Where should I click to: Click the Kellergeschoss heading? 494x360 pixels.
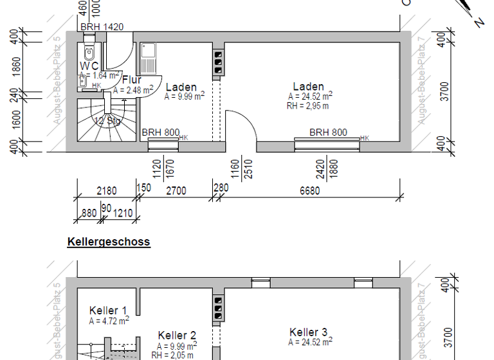tap(108, 242)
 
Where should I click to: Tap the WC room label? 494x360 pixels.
tap(89, 66)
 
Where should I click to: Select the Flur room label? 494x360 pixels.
tap(131, 80)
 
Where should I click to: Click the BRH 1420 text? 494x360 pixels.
tap(102, 26)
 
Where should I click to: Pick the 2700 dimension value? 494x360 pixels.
tap(176, 190)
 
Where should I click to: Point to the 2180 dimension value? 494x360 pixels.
tap(106, 190)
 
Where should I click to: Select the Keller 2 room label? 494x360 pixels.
tap(177, 335)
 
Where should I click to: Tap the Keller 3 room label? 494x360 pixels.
tap(309, 332)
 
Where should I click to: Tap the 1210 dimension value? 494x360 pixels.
tap(125, 213)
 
